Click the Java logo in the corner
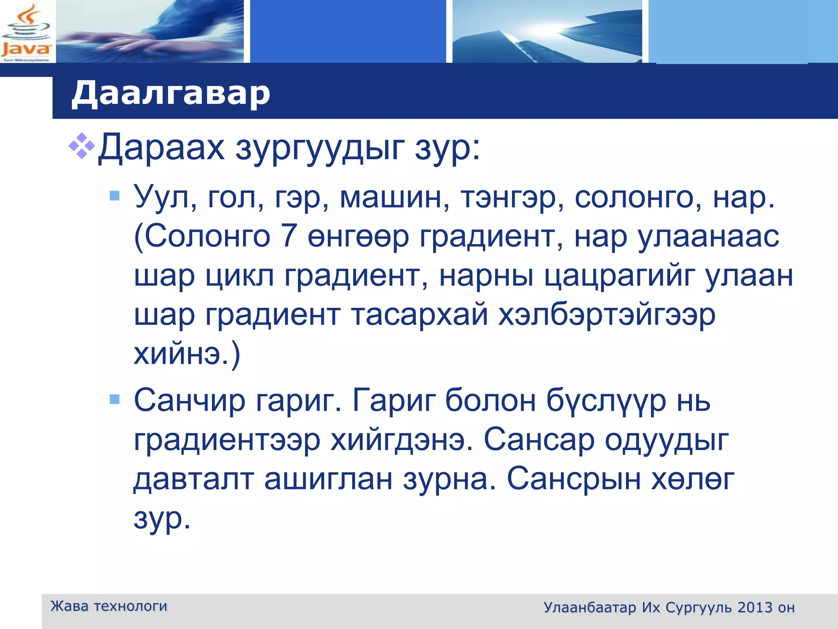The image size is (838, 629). pos(27,33)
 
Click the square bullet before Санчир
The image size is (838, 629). pos(115,399)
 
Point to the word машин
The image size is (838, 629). pos(394,197)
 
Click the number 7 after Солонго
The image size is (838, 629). pos(289,236)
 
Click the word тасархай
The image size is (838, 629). pos(419,314)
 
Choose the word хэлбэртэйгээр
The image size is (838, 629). pos(607,314)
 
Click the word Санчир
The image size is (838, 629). pos(189,400)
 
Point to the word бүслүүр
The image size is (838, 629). pos(606,400)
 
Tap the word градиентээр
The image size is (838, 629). pos(227,440)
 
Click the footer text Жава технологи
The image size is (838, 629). pos(109,606)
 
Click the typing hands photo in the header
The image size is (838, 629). pos(150,32)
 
